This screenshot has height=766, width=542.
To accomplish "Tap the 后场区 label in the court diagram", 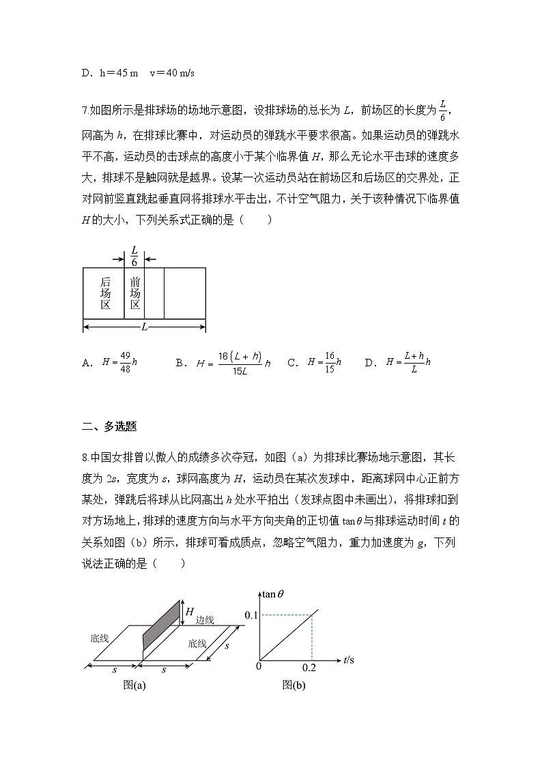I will [105, 293].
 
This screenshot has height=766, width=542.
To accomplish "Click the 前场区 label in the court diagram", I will [134, 293].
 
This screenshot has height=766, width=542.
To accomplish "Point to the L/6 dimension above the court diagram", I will [134, 256].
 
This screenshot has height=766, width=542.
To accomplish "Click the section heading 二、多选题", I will [109, 427].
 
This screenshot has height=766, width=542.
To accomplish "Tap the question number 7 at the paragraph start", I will [84, 110].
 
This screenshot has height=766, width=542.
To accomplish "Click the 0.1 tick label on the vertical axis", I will [251, 616].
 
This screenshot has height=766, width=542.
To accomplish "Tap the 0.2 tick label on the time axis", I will [309, 667].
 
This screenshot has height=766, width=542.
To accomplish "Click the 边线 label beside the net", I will [205, 620].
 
